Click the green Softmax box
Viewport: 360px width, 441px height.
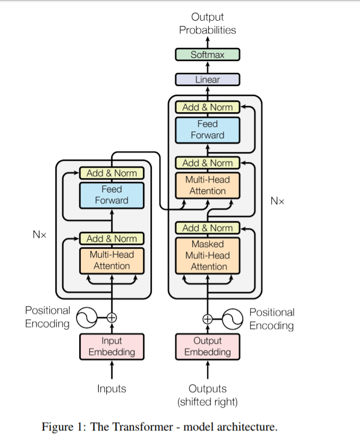pyautogui.click(x=208, y=55)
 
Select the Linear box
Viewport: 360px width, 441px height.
pyautogui.click(x=208, y=80)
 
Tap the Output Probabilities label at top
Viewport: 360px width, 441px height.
pyautogui.click(x=208, y=24)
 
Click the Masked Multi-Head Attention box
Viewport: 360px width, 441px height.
pyautogui.click(x=208, y=256)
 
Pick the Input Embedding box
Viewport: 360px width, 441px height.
pyautogui.click(x=112, y=346)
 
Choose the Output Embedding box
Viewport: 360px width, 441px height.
pyautogui.click(x=208, y=346)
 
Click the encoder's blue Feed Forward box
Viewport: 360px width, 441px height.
pyautogui.click(x=112, y=195)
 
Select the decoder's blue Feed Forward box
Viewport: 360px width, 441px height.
pyautogui.click(x=208, y=130)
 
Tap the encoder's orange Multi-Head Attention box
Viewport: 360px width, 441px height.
pyautogui.click(x=112, y=260)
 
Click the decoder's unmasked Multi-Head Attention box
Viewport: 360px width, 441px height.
pyautogui.click(x=208, y=185)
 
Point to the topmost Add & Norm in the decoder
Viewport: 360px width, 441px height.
pyautogui.click(x=208, y=107)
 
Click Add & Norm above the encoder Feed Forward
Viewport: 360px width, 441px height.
pyautogui.click(x=112, y=173)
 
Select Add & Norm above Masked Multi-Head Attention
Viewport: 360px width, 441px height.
pyautogui.click(x=208, y=228)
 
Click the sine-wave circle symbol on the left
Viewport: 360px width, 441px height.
pyautogui.click(x=87, y=318)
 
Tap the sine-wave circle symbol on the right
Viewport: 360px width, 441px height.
pyautogui.click(x=232, y=319)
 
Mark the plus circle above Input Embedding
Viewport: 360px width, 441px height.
pyautogui.click(x=112, y=318)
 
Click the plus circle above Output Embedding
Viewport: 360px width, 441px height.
pyautogui.click(x=208, y=319)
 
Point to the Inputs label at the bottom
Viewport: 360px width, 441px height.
pyautogui.click(x=112, y=389)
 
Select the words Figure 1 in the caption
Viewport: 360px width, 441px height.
pyautogui.click(x=63, y=427)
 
